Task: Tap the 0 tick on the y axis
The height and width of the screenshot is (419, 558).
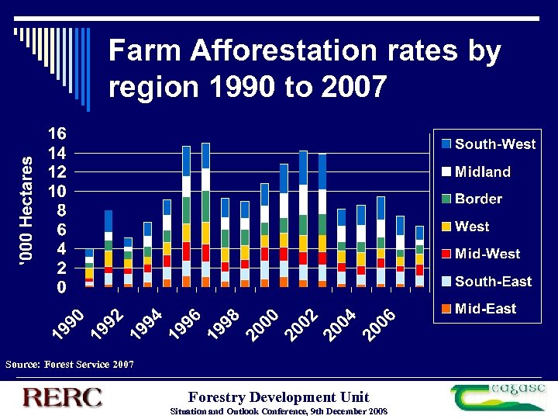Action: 60,287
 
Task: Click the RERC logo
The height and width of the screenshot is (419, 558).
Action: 63,396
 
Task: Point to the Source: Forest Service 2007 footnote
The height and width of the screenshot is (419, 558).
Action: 69,364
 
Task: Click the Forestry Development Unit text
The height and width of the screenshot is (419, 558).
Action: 278,396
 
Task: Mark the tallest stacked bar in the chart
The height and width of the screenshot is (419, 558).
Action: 205,215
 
